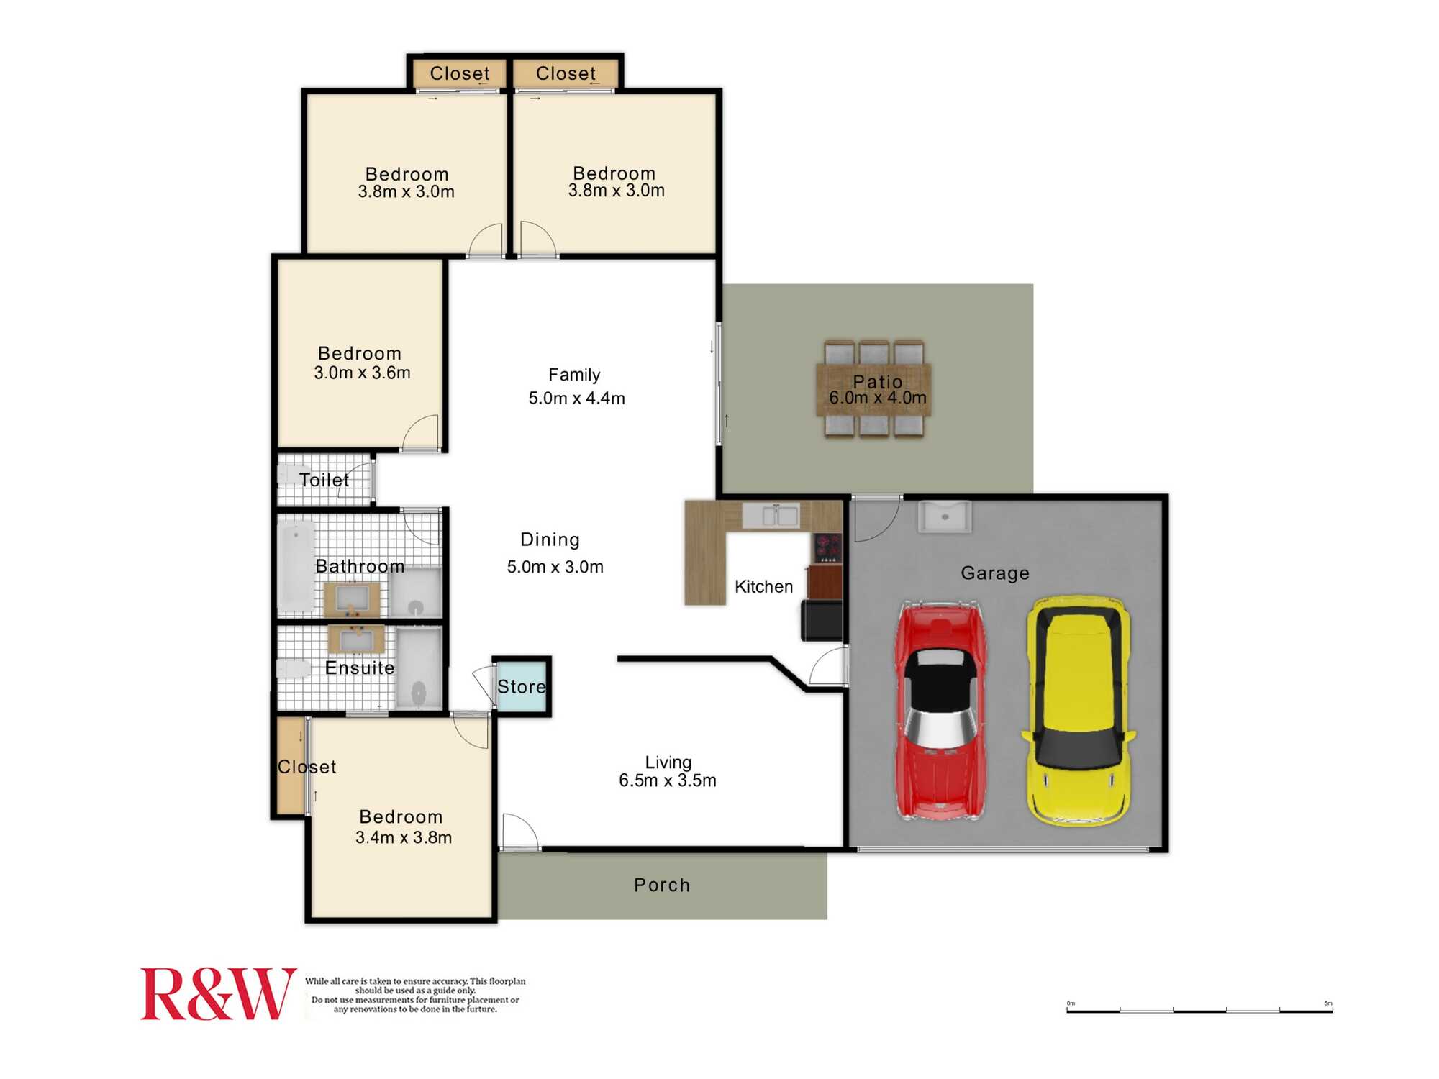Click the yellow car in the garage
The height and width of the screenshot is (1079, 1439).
(x=1077, y=709)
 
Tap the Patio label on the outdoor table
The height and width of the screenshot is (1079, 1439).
(x=877, y=382)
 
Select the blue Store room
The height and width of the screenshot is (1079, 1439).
(x=522, y=686)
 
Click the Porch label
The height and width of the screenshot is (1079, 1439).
(x=662, y=885)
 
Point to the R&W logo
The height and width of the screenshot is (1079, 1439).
(x=217, y=994)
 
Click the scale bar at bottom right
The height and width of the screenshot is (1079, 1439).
(x=1199, y=1010)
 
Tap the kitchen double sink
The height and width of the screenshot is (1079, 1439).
(x=771, y=515)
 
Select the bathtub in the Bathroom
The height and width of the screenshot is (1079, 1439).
(x=296, y=566)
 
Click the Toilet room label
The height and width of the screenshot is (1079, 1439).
(x=324, y=480)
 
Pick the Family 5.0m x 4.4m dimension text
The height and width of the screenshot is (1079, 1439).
(x=576, y=398)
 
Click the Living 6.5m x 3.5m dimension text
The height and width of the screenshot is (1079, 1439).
(x=668, y=780)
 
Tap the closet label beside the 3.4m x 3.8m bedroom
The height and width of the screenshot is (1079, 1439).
(x=307, y=767)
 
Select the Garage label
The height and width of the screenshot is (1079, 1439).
(x=995, y=573)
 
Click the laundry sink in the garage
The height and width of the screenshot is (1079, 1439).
(x=945, y=517)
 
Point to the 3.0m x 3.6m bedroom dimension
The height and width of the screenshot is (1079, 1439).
(x=362, y=373)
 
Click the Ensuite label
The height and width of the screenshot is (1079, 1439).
(x=360, y=668)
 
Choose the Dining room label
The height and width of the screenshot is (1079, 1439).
(x=550, y=539)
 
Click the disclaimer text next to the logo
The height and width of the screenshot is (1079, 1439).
(x=415, y=995)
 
